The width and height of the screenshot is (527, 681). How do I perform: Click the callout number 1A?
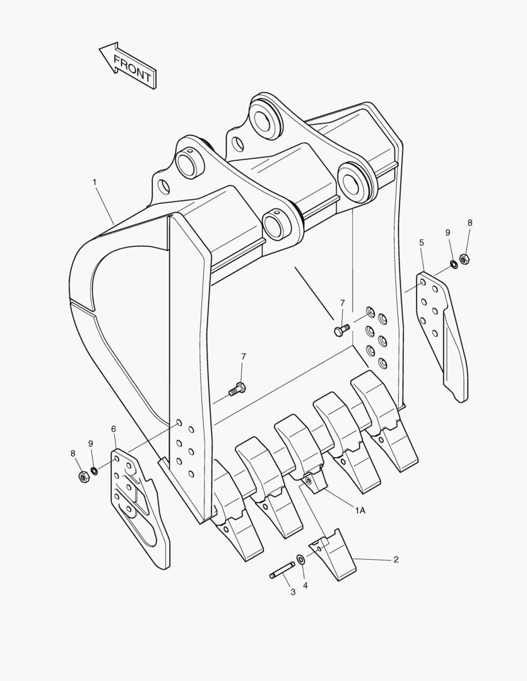pyautogui.click(x=360, y=511)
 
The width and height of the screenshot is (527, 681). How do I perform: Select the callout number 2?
pyautogui.click(x=396, y=559)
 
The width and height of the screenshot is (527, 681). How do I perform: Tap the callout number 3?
pyautogui.click(x=292, y=592)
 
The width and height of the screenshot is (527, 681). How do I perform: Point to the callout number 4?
pyautogui.click(x=305, y=585)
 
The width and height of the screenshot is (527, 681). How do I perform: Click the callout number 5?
pyautogui.click(x=421, y=242)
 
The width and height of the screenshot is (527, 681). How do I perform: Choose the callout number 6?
pyautogui.click(x=114, y=429)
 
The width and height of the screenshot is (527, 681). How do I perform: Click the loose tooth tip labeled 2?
pyautogui.click(x=333, y=556)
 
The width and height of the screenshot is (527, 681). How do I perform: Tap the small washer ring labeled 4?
pyautogui.click(x=300, y=559)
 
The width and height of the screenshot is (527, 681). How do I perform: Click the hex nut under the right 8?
pyautogui.click(x=464, y=258)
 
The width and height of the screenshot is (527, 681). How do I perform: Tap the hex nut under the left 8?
pyautogui.click(x=82, y=477)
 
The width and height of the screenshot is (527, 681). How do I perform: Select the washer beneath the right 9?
pyautogui.click(x=454, y=263)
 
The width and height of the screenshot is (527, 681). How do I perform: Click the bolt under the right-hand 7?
pyautogui.click(x=340, y=330)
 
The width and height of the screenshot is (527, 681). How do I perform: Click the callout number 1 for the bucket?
pyautogui.click(x=94, y=182)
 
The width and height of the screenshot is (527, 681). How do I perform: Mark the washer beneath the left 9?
pyautogui.click(x=94, y=470)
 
